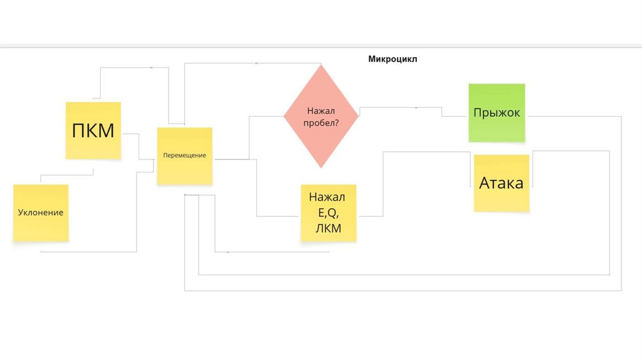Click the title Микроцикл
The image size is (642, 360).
tap(392, 60)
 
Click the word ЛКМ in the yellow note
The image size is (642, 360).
tap(329, 228)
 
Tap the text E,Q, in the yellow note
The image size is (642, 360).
tap(329, 213)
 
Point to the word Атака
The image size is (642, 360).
tap(502, 183)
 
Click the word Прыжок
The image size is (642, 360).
tap(497, 113)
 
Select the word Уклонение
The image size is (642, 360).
tap(41, 213)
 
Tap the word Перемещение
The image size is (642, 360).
tap(184, 155)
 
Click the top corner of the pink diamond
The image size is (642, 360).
tap(321, 65)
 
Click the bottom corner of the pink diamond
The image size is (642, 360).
tap(321, 167)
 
